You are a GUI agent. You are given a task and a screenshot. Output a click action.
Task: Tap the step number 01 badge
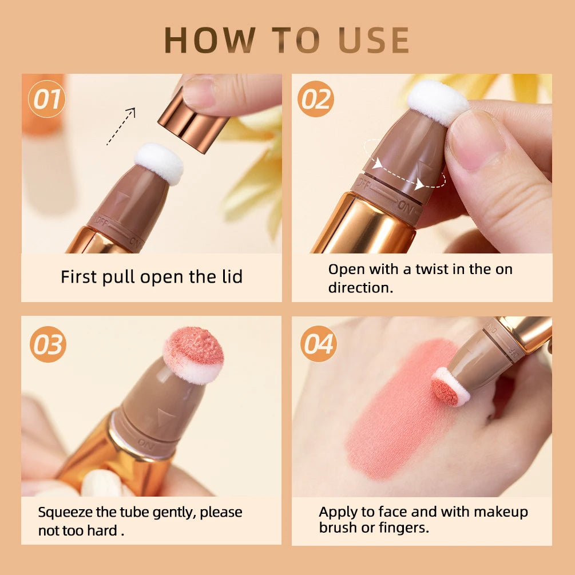pyautogui.click(x=46, y=99)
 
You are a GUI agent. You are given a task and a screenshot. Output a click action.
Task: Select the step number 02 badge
pyautogui.click(x=316, y=99)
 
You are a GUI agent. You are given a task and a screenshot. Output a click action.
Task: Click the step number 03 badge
pyautogui.click(x=47, y=344)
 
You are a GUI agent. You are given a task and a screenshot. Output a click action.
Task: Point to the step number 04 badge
pyautogui.click(x=318, y=344)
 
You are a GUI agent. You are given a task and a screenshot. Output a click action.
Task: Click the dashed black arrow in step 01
pyautogui.click(x=121, y=126)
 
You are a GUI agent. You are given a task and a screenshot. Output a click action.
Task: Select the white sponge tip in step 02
pyautogui.click(x=438, y=102)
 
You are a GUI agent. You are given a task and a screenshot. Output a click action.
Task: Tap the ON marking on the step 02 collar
pyautogui.click(x=406, y=208)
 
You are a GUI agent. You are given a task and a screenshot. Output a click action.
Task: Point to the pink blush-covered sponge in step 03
pyautogui.click(x=193, y=355)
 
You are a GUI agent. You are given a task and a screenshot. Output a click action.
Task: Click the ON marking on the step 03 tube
pyautogui.click(x=146, y=444)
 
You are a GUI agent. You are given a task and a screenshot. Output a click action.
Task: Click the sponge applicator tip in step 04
pyautogui.click(x=450, y=387)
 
